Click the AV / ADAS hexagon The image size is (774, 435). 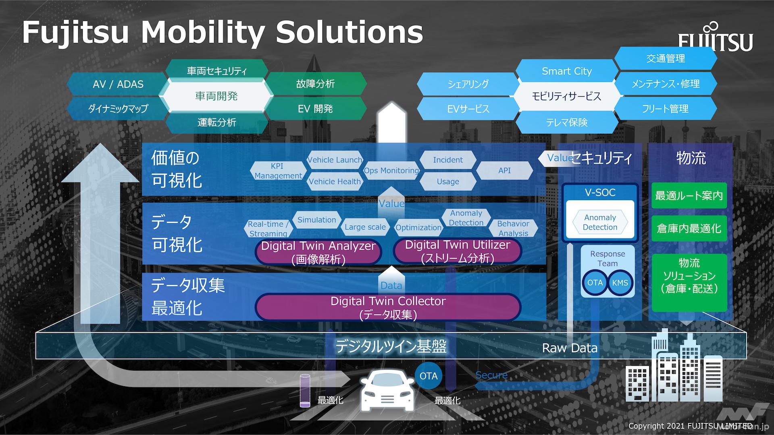(118, 84)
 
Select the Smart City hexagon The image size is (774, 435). (566, 71)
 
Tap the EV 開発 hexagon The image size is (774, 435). (315, 109)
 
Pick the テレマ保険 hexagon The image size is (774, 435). (566, 122)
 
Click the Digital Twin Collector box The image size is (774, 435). (388, 307)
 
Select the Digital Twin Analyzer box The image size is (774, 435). (318, 252)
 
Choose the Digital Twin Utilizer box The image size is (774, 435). (457, 251)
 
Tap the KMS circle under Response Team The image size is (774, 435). (620, 283)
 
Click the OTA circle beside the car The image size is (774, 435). (428, 376)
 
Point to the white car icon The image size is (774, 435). (387, 391)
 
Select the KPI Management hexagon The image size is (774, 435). (278, 171)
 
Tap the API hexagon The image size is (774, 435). (504, 170)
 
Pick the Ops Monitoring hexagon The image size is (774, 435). (391, 170)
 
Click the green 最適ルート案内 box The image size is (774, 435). (689, 196)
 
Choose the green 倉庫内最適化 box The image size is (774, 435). (689, 228)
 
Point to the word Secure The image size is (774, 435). (491, 375)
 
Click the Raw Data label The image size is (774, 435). (569, 348)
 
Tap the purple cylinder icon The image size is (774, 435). (305, 390)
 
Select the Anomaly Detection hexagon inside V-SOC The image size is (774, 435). (600, 222)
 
